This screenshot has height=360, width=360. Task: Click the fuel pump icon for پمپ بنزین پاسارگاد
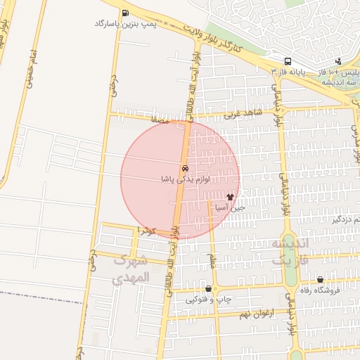[x=125, y=13]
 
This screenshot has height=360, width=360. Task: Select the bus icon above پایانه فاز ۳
[x=288, y=61]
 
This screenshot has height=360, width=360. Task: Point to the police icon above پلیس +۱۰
[x=339, y=61]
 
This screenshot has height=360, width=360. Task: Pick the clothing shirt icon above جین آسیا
[x=229, y=198]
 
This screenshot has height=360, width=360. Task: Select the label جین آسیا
[x=230, y=208]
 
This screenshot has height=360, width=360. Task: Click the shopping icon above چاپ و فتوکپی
[x=208, y=289]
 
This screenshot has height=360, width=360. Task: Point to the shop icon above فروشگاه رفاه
[x=320, y=279]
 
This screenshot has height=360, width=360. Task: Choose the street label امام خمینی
[x=30, y=70]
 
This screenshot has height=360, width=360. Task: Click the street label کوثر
[x=147, y=231]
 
